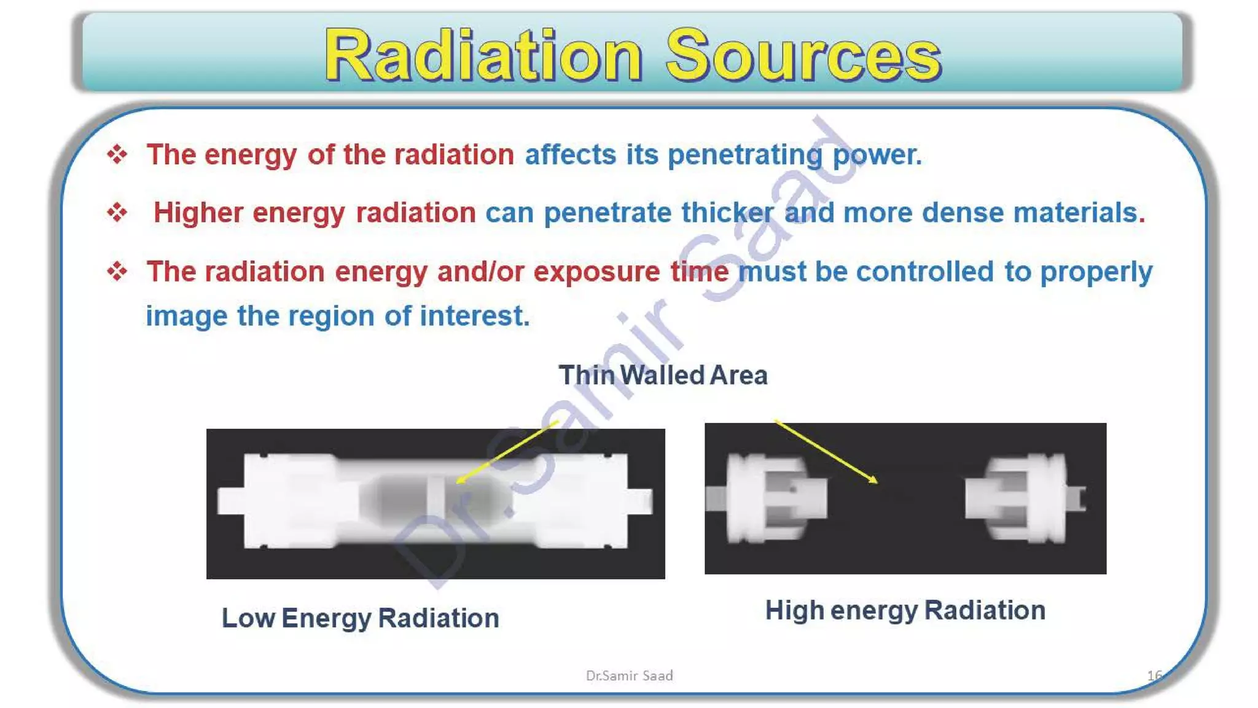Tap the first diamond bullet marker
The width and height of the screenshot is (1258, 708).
(x=117, y=154)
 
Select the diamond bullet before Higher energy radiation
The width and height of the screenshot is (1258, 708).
(x=117, y=213)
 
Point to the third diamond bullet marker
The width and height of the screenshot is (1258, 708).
(x=117, y=271)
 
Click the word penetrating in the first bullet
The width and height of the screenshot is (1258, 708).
(x=744, y=154)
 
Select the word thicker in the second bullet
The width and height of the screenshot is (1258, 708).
(x=727, y=213)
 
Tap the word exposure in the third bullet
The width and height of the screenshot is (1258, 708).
(x=596, y=272)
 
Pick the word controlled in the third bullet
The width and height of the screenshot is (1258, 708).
(x=924, y=272)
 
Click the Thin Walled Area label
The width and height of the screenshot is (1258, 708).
(x=663, y=375)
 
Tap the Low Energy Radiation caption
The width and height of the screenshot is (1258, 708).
(x=361, y=618)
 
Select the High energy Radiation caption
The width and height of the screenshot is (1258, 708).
(x=905, y=610)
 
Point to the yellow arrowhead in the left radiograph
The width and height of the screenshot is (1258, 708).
(x=460, y=481)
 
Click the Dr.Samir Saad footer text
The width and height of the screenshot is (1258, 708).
(x=629, y=675)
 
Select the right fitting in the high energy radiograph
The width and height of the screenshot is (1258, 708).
(x=1023, y=498)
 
